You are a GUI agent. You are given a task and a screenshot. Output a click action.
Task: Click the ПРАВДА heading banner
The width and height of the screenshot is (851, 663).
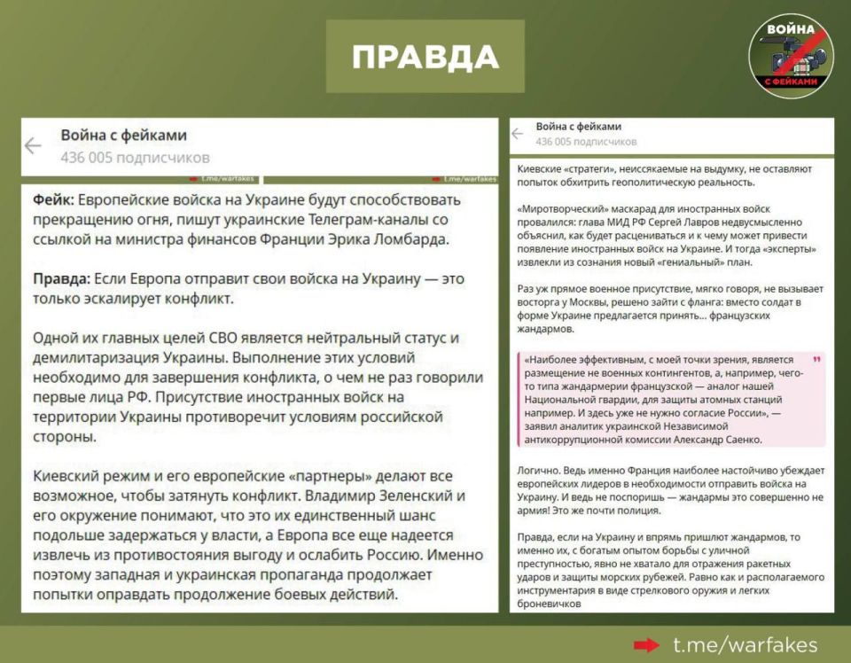pos(425,57)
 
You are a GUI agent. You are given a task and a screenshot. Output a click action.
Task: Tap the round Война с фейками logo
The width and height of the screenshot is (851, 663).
pos(791,55)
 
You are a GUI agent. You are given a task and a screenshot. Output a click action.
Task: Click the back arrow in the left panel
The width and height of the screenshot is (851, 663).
pos(34,146)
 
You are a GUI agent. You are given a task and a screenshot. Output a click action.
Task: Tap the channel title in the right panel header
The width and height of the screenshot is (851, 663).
pos(579,127)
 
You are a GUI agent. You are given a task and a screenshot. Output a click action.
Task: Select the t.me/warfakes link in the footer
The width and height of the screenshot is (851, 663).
pos(745,644)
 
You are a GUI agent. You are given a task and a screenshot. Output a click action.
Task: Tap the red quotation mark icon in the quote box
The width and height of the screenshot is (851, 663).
pos(816,361)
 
